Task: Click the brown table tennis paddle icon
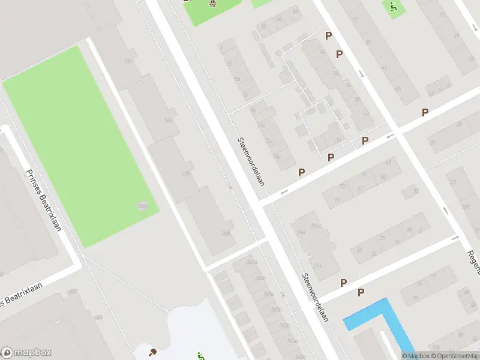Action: tap(152, 352)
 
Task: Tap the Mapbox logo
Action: tap(26, 353)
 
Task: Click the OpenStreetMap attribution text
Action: tap(456, 356)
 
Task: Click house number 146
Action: tap(169, 121)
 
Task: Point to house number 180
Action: tap(128, 61)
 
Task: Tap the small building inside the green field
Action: tap(142, 206)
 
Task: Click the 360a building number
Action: tap(252, 262)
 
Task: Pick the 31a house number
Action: tap(314, 226)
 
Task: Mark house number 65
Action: tap(398, 89)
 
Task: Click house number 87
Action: tap(432, 143)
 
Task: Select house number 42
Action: tap(366, 113)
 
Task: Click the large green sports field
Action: tap(81, 144)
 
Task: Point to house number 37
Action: tap(442, 16)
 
